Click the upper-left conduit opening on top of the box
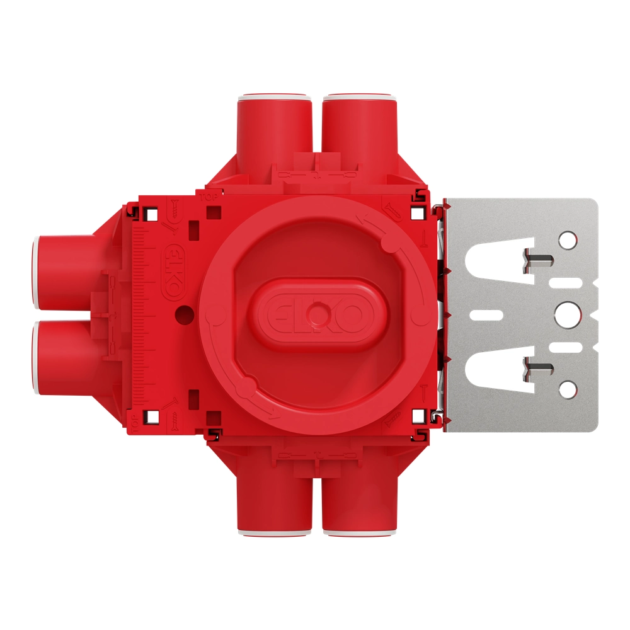[275, 100]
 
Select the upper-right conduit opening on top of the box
[359, 100]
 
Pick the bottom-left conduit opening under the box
[275, 531]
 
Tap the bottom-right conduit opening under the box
[359, 531]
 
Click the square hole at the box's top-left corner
[151, 214]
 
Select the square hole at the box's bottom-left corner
[151, 415]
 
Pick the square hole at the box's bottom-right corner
[416, 416]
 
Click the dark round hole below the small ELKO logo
[183, 311]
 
